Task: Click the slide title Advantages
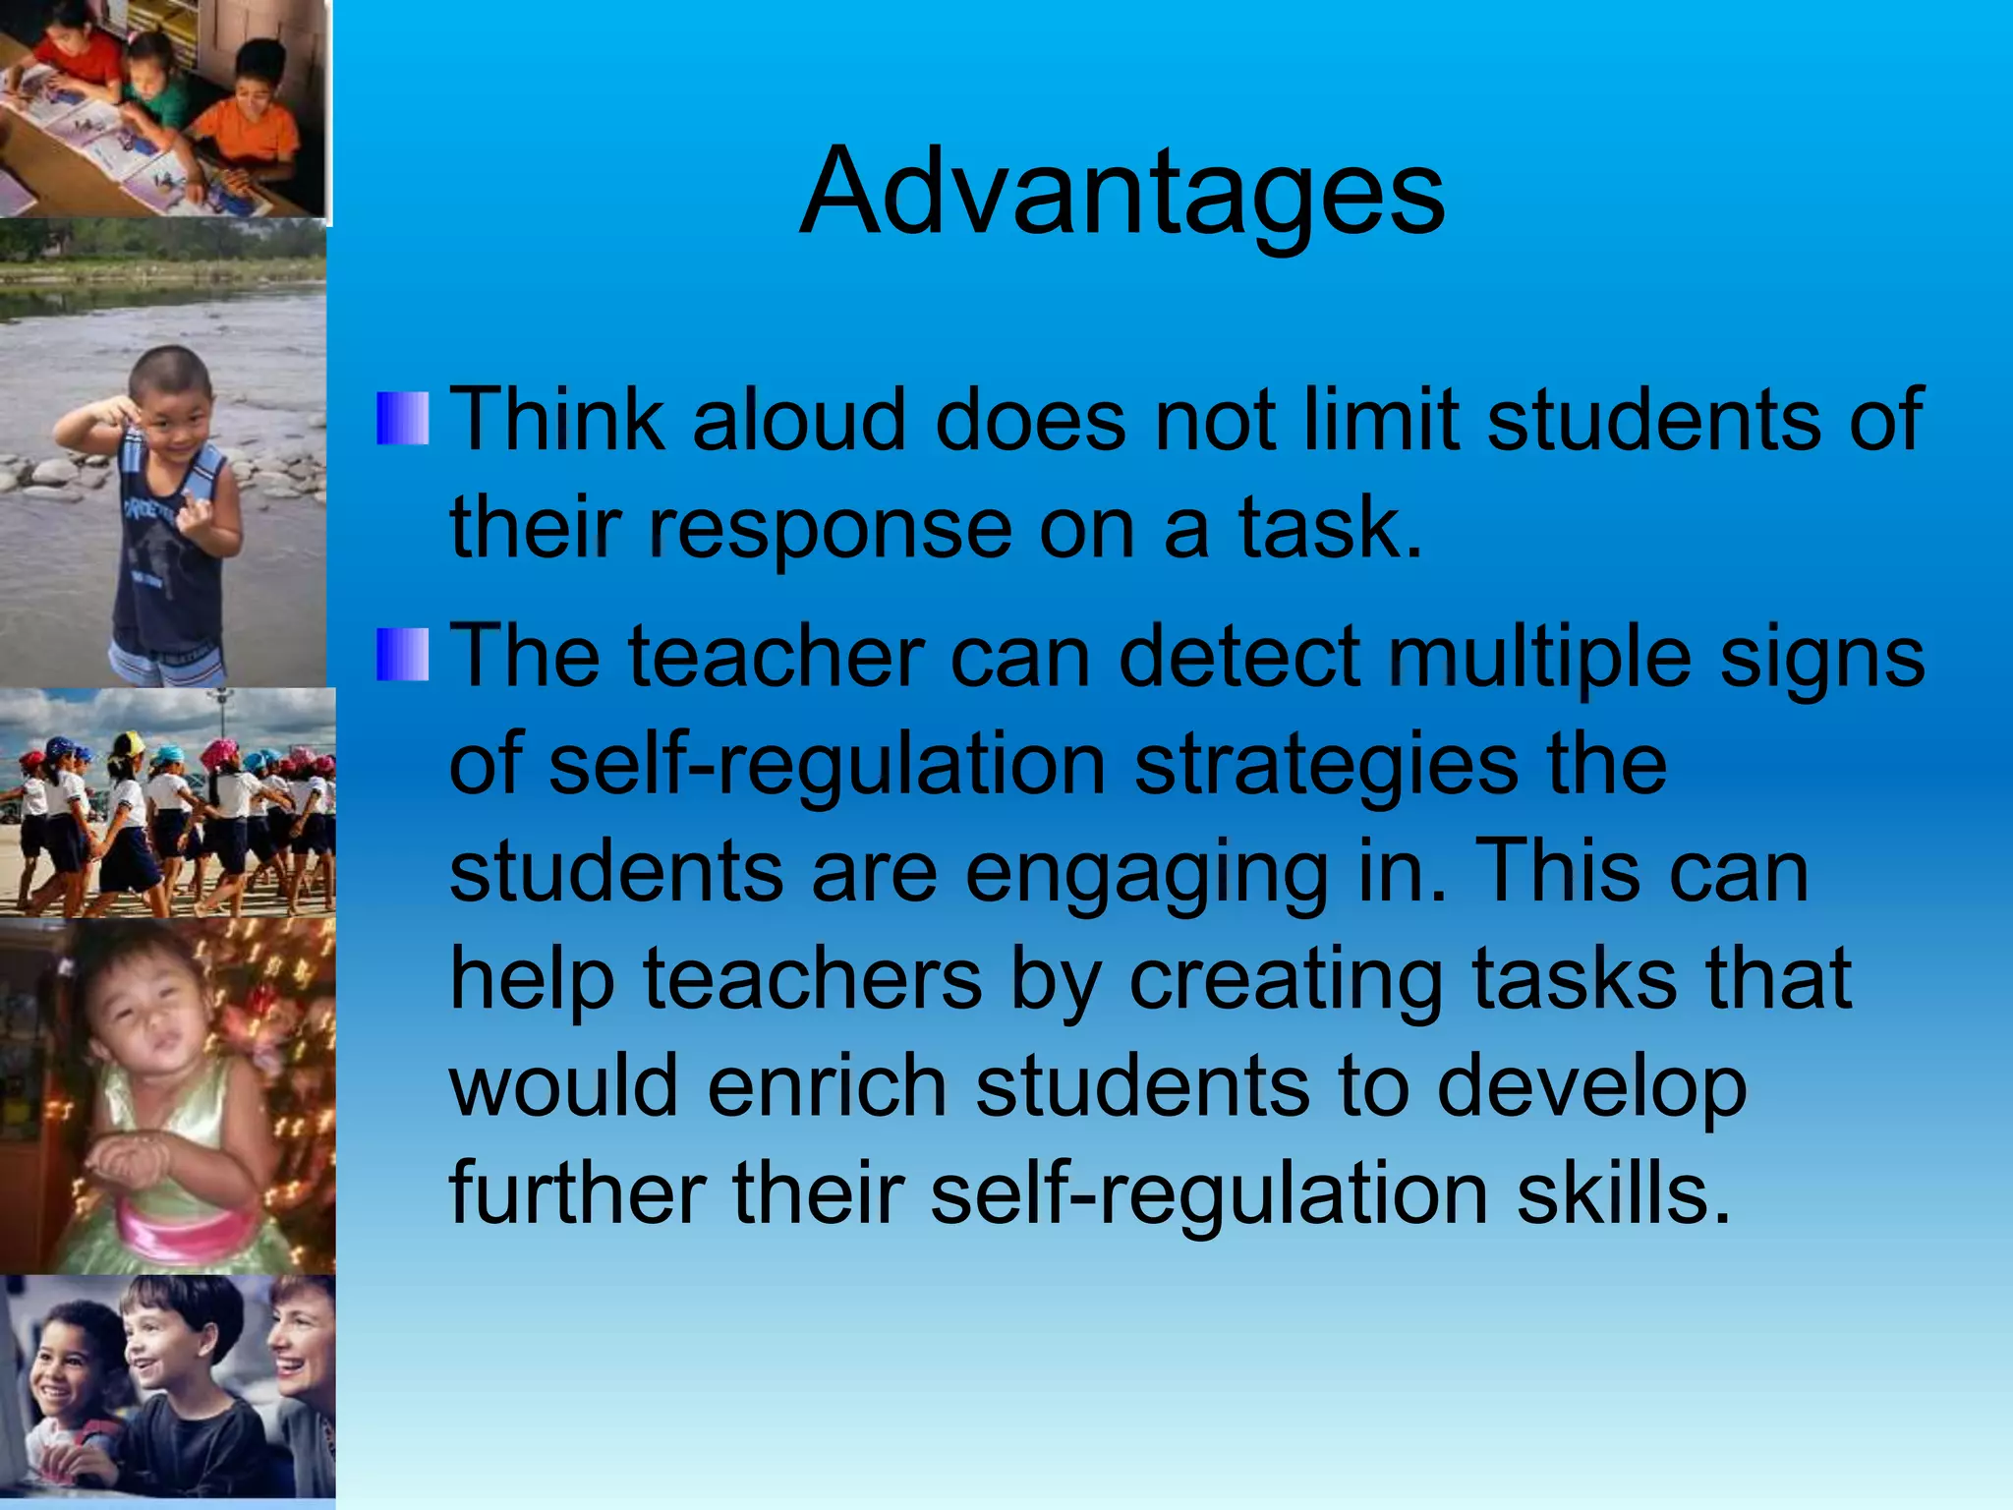[x=1122, y=192]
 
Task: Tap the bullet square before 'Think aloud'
[x=403, y=419]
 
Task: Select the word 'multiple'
[x=1540, y=659]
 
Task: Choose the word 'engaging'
[x=1146, y=875]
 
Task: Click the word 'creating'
[x=1286, y=981]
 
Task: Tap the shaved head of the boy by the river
[x=173, y=369]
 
